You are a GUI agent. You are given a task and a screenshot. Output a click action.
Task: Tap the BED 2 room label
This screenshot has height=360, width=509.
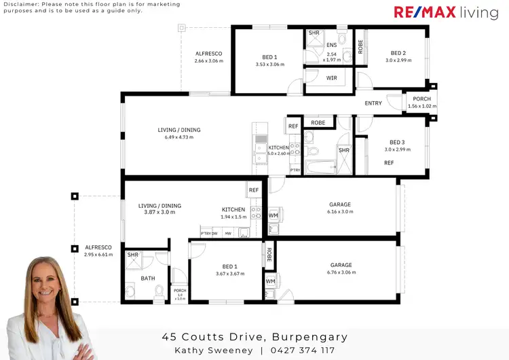pyautogui.click(x=398, y=53)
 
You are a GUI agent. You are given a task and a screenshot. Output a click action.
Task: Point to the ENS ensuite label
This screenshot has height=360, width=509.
pyautogui.click(x=331, y=46)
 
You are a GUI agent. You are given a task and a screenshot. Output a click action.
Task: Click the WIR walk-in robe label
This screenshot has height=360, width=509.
pyautogui.click(x=331, y=78)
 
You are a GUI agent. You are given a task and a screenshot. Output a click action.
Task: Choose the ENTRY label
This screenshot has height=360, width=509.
pyautogui.click(x=373, y=103)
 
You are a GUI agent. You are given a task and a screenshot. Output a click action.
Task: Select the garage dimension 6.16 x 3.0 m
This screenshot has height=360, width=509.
pyautogui.click(x=339, y=212)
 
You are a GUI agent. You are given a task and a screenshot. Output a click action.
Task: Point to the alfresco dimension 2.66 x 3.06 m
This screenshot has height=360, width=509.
pyautogui.click(x=208, y=61)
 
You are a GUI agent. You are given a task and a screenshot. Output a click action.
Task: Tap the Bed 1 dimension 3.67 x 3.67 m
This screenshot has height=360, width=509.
pyautogui.click(x=226, y=273)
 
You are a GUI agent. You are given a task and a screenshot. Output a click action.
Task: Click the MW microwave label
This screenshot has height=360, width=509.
pyautogui.click(x=228, y=234)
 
